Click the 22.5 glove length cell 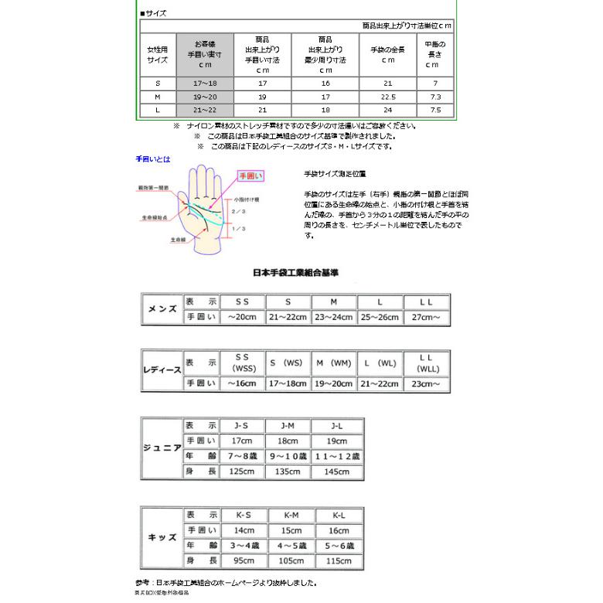tap(388, 97)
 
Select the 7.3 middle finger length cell tap(435, 97)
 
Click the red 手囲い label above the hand tap(249, 176)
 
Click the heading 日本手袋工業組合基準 tap(296, 273)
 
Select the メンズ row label tap(162, 309)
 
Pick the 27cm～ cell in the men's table tap(426, 317)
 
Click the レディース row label tap(162, 370)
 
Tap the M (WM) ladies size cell tap(333, 363)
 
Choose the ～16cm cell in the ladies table tap(241, 383)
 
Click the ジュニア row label tap(162, 448)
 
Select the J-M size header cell tap(288, 426)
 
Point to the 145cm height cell tap(336, 471)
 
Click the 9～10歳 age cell tap(288, 456)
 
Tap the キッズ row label tap(162, 537)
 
